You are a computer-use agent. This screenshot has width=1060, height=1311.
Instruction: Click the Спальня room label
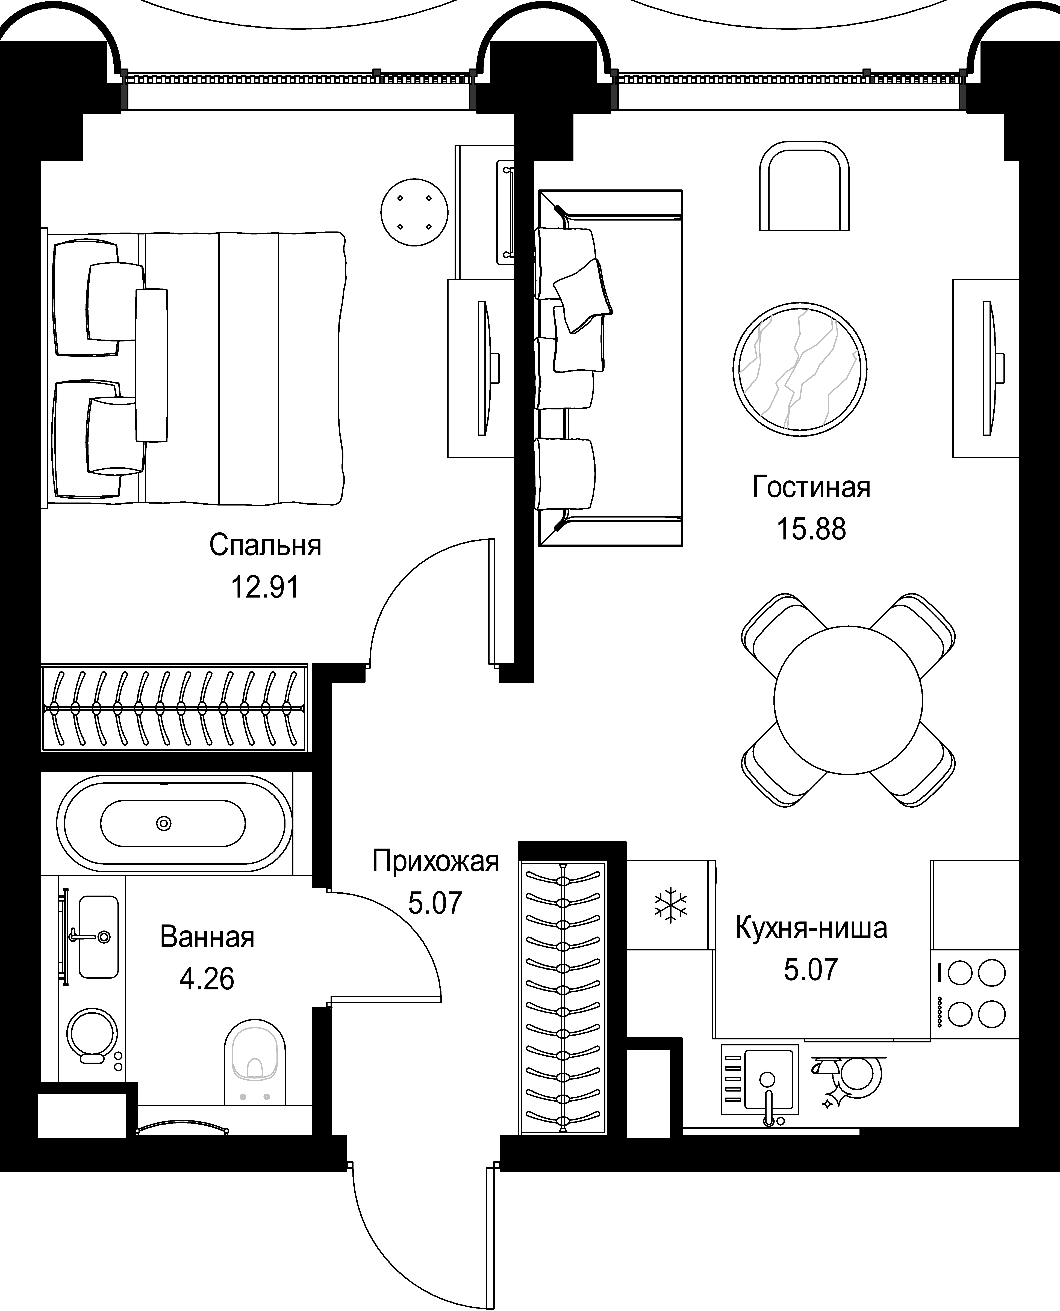click(x=265, y=545)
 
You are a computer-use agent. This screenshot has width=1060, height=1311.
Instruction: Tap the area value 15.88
click(x=811, y=529)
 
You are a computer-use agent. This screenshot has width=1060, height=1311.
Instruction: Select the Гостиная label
click(x=811, y=487)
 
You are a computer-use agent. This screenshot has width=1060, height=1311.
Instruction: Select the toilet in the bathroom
click(x=255, y=1062)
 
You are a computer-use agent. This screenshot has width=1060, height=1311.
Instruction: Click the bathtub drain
click(x=164, y=823)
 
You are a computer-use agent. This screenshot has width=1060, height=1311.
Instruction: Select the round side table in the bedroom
click(x=414, y=212)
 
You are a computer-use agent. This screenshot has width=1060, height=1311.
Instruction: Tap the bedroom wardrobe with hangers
click(x=175, y=708)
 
